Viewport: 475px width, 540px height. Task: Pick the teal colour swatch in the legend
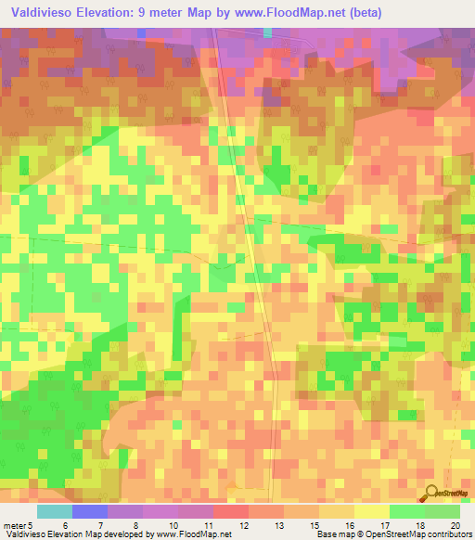[x=55, y=511]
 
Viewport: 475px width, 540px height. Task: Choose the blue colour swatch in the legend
[x=90, y=511]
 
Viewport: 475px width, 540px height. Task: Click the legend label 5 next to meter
[x=30, y=524]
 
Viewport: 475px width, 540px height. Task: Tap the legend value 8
[x=135, y=524]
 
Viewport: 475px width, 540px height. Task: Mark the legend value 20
[x=453, y=524]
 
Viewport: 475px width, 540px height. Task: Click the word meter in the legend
[x=14, y=524]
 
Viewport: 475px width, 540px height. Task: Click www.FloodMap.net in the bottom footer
[x=194, y=534]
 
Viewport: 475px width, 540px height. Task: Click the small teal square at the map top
[x=268, y=32]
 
